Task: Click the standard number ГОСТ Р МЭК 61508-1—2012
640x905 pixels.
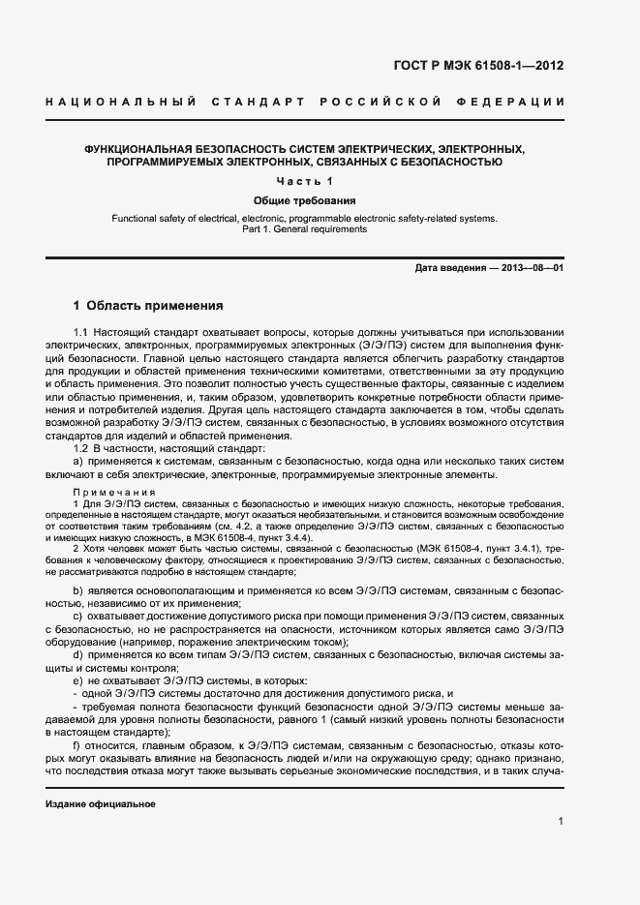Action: pos(478,66)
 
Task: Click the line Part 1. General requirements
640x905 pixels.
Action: pos(305,230)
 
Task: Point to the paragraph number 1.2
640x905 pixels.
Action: pos(81,448)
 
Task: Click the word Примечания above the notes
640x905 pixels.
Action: pos(107,492)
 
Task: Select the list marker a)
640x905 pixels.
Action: pos(78,461)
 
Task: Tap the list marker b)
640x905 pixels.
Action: pos(78,589)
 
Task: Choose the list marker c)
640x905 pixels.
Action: pos(78,616)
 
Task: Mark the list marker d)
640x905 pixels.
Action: pos(78,655)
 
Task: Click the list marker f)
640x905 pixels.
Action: pos(77,746)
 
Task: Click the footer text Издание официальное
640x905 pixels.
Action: pos(101,804)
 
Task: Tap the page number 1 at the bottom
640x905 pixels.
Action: pos(561,821)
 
